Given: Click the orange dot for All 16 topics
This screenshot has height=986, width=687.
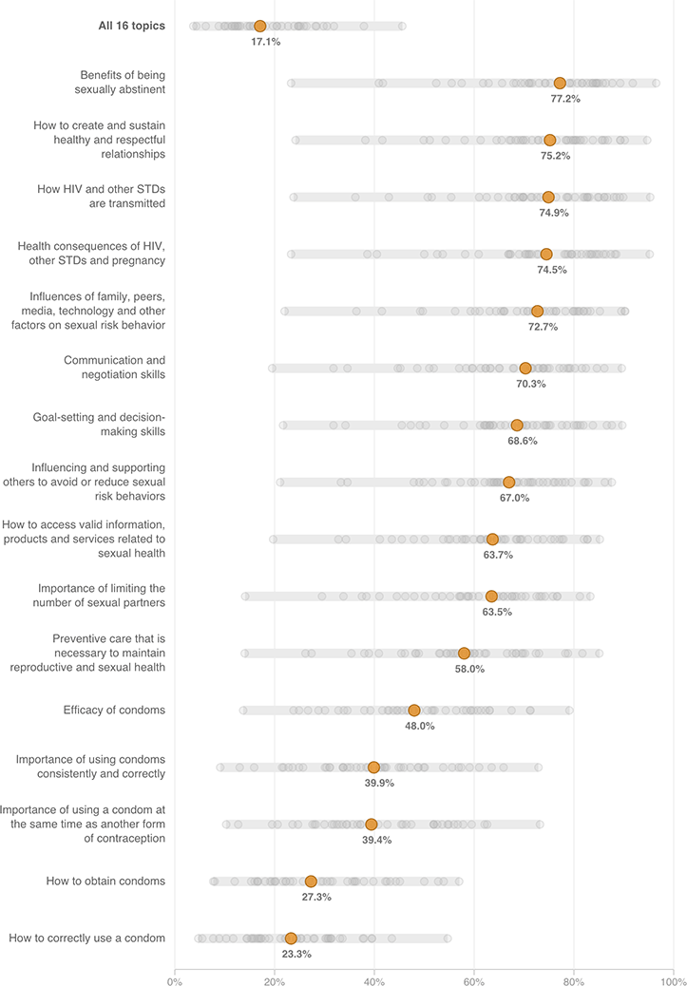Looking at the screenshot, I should pyautogui.click(x=259, y=26).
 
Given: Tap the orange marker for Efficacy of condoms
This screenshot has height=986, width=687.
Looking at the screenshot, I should pyautogui.click(x=414, y=710).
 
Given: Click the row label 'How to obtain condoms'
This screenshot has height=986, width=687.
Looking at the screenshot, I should pyautogui.click(x=105, y=881).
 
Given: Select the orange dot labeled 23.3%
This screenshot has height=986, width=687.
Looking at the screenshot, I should pyautogui.click(x=291, y=939).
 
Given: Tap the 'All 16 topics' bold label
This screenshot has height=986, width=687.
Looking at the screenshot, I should pyautogui.click(x=124, y=26).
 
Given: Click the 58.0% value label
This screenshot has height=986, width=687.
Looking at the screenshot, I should pyautogui.click(x=469, y=669).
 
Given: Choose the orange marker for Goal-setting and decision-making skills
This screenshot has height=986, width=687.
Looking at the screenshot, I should pyautogui.click(x=517, y=425).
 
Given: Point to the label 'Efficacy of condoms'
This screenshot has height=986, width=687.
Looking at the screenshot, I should pyautogui.click(x=114, y=710).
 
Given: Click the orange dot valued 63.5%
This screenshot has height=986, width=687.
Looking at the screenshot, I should pyautogui.click(x=491, y=596).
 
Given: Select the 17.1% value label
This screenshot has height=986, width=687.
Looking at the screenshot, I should pyautogui.click(x=265, y=42).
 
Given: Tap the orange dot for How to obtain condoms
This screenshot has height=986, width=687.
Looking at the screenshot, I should pyautogui.click(x=311, y=882).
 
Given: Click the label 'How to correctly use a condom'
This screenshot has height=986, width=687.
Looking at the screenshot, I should pyautogui.click(x=87, y=939).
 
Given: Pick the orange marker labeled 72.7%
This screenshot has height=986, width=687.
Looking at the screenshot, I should pyautogui.click(x=537, y=311).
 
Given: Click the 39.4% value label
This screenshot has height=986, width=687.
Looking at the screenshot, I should pyautogui.click(x=377, y=840).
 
